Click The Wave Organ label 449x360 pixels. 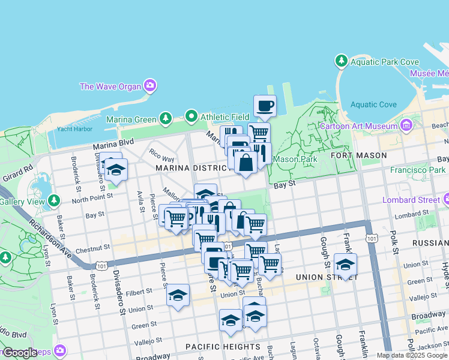click(x=110, y=86)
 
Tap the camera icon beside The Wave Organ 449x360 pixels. click(x=149, y=86)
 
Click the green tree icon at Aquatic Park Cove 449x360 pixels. click(x=342, y=61)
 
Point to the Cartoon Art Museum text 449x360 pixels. click(x=358, y=126)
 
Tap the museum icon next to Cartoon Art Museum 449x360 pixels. click(x=406, y=125)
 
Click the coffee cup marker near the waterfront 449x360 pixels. click(x=265, y=107)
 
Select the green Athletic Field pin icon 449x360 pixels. click(x=191, y=116)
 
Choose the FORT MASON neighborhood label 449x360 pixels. click(x=358, y=155)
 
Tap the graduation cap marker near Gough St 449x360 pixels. click(x=345, y=264)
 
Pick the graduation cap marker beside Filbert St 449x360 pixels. click(x=178, y=295)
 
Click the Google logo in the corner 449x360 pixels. click(x=20, y=353)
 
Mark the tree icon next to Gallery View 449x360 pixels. click(x=54, y=199)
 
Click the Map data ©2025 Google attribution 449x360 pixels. click(x=412, y=355)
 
